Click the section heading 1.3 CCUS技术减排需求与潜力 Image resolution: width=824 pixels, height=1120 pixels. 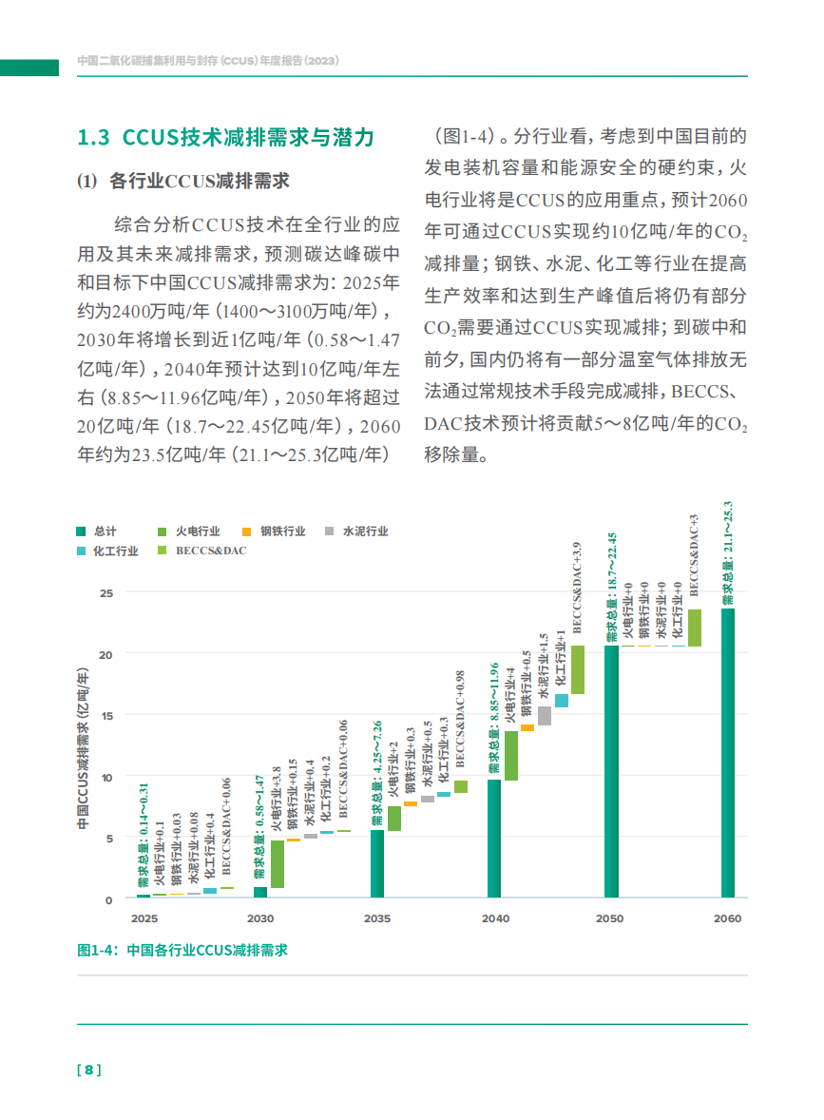(x=225, y=137)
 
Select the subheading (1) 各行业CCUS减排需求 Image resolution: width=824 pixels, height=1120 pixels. (x=183, y=181)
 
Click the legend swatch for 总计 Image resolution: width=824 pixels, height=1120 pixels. (x=83, y=531)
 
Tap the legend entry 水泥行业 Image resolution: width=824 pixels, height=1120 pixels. (x=356, y=531)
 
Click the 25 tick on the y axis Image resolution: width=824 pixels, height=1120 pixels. (x=106, y=592)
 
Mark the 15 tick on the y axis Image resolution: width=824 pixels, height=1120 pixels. (x=106, y=715)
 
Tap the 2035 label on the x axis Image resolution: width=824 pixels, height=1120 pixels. (x=377, y=919)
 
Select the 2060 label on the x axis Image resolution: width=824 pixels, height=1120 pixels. (x=727, y=919)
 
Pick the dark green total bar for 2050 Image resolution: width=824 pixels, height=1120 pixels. (x=611, y=771)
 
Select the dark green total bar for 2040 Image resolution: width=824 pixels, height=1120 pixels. (x=494, y=838)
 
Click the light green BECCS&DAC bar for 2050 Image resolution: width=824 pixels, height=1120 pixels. (x=695, y=628)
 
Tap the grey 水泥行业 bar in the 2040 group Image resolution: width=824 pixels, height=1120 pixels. (x=545, y=716)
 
